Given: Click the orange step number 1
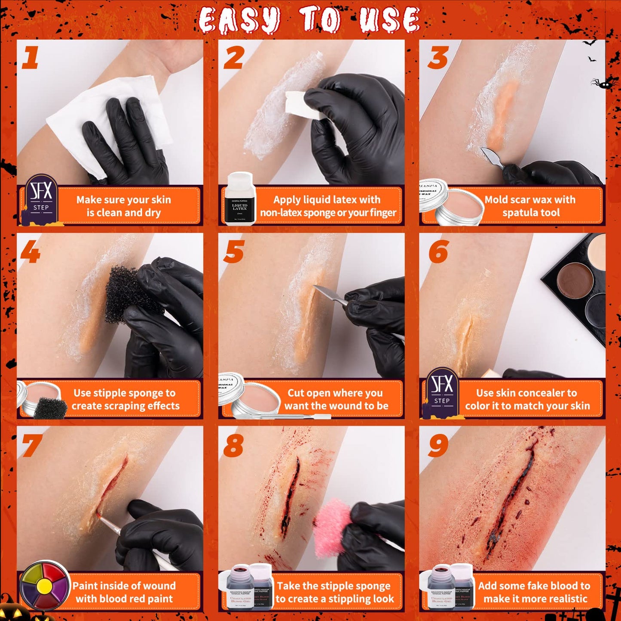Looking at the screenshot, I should pos(30,58).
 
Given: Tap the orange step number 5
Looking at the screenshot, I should pos(234,252).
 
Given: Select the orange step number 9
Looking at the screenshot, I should pos(438,445).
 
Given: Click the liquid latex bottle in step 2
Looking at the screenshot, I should pos(240,199).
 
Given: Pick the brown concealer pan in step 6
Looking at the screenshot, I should pos(575,279).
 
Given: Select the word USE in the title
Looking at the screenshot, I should pos(389,21).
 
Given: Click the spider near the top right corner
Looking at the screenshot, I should pos(604,84).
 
